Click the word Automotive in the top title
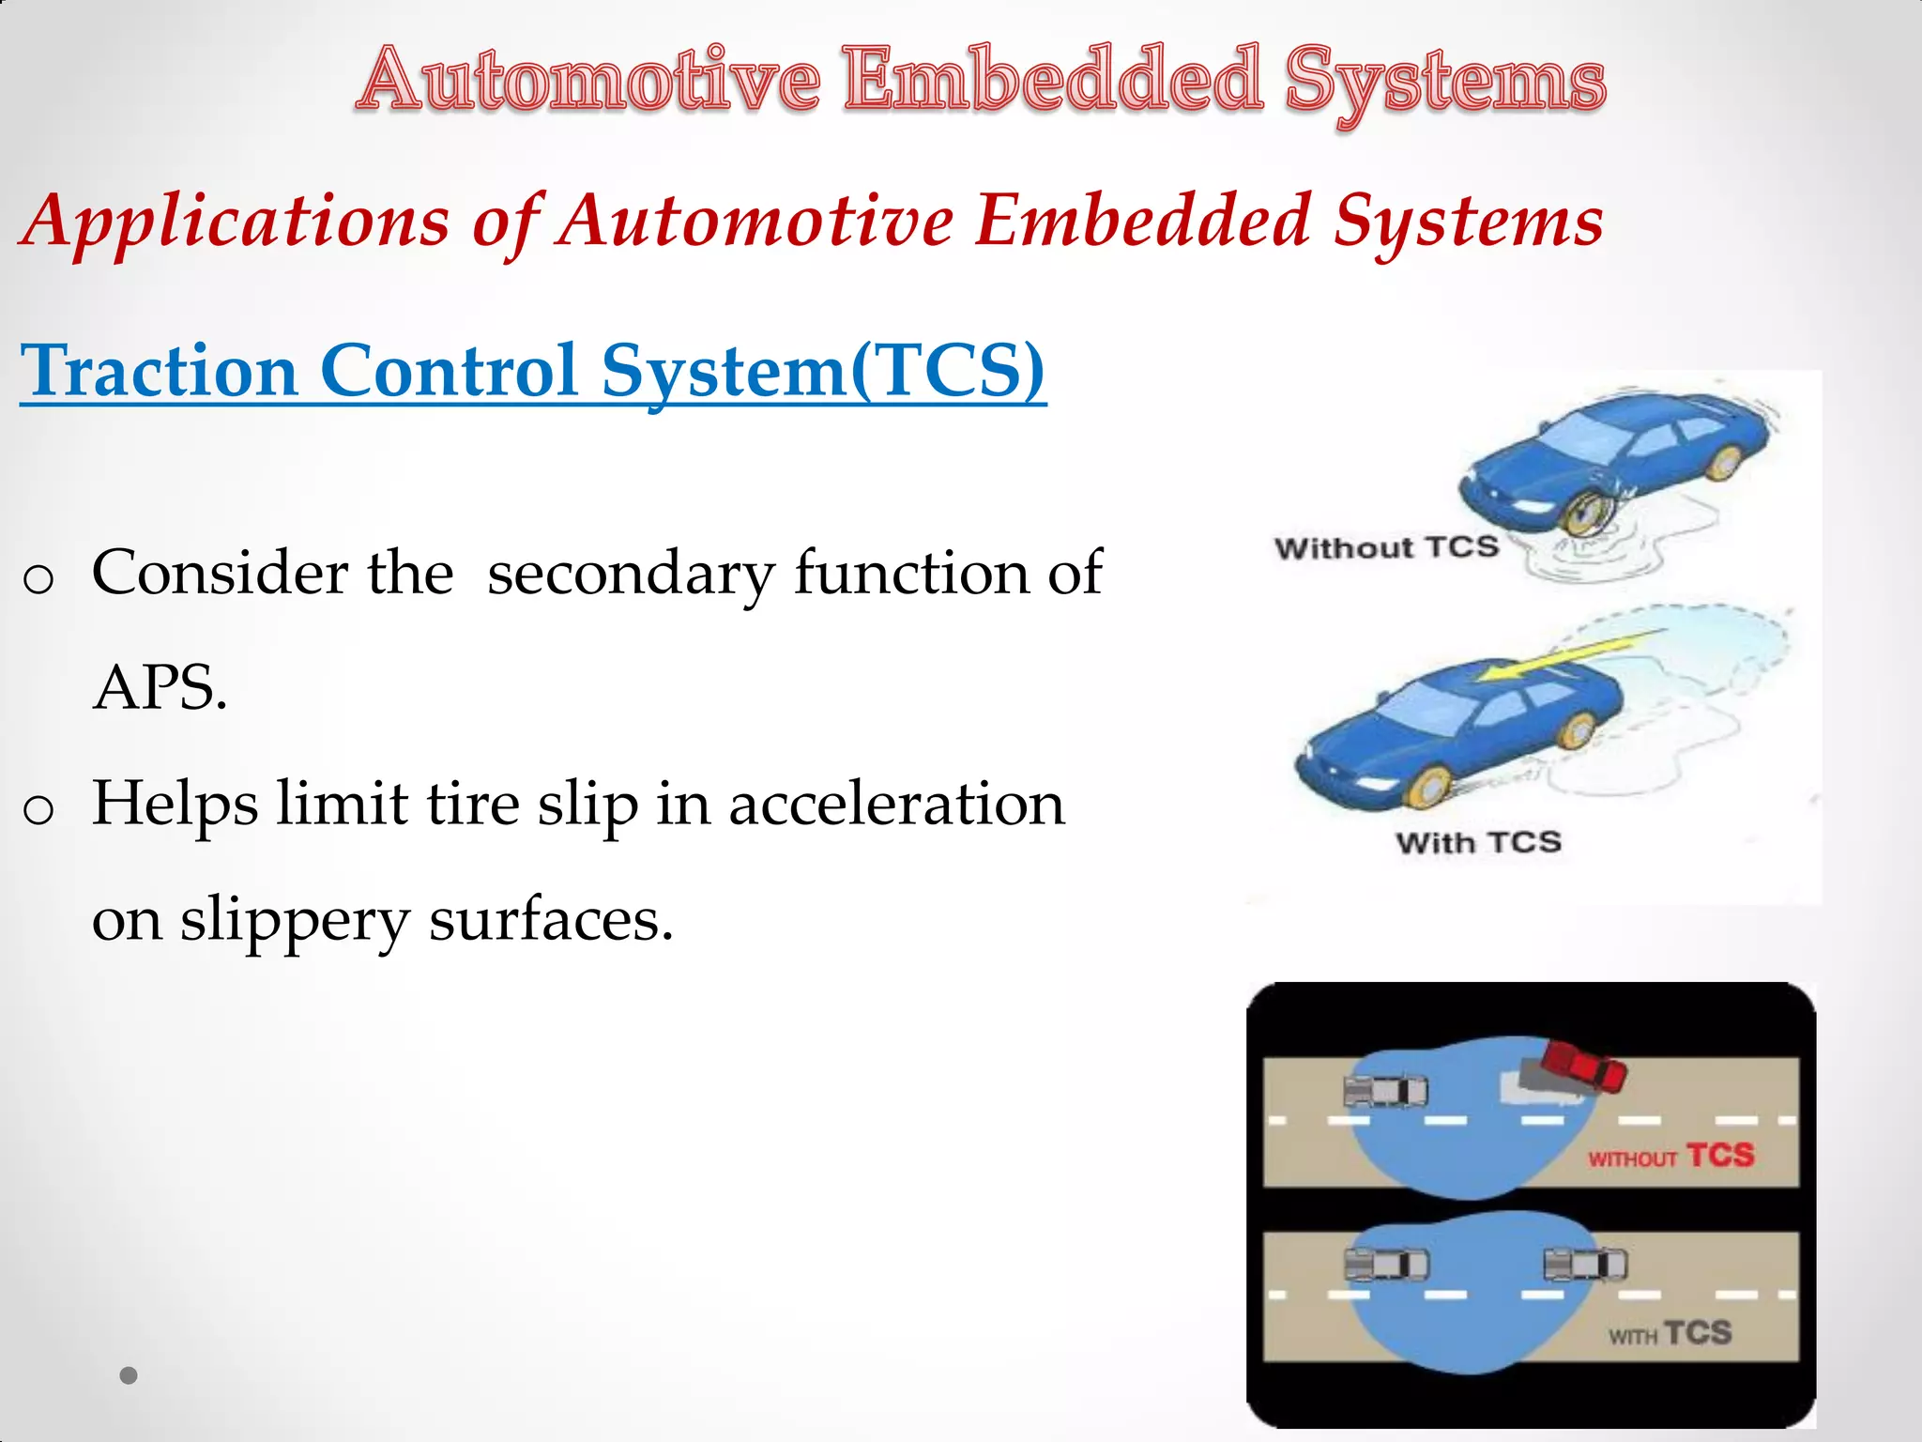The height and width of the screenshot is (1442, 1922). click(588, 80)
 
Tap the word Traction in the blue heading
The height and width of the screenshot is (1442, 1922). click(160, 371)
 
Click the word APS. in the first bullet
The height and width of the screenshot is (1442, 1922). click(160, 687)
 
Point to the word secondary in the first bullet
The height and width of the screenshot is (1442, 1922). click(631, 573)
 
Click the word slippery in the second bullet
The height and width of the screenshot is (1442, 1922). click(295, 920)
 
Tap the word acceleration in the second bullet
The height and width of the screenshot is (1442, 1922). click(896, 805)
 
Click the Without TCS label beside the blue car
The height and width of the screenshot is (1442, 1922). click(1386, 547)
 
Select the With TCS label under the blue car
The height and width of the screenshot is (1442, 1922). click(1478, 842)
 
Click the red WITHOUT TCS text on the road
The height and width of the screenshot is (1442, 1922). click(1670, 1156)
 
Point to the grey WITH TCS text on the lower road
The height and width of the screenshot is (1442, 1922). click(1670, 1333)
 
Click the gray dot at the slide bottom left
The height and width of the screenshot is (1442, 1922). click(129, 1375)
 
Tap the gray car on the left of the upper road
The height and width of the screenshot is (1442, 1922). click(1385, 1091)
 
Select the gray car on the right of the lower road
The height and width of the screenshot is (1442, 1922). click(1585, 1265)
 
